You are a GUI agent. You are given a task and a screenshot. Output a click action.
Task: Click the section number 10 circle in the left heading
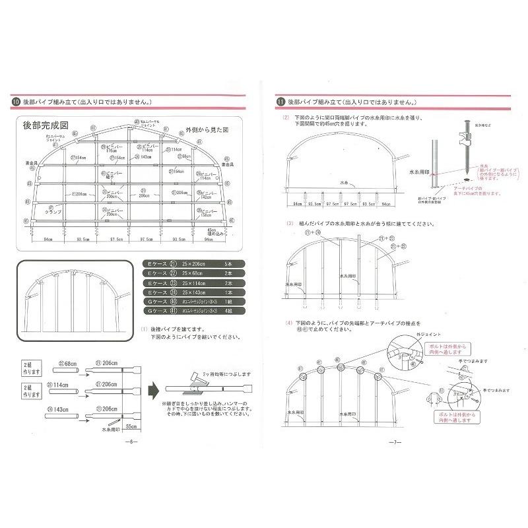[16, 102]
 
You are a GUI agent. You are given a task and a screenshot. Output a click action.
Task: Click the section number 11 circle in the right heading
[280, 102]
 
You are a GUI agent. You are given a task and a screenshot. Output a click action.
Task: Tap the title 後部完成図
[46, 125]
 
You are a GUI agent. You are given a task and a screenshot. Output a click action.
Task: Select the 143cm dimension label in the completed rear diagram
[147, 157]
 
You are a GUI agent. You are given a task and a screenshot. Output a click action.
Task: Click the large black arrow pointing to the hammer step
[153, 385]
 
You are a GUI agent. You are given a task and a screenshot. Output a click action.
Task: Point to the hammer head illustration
[193, 378]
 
